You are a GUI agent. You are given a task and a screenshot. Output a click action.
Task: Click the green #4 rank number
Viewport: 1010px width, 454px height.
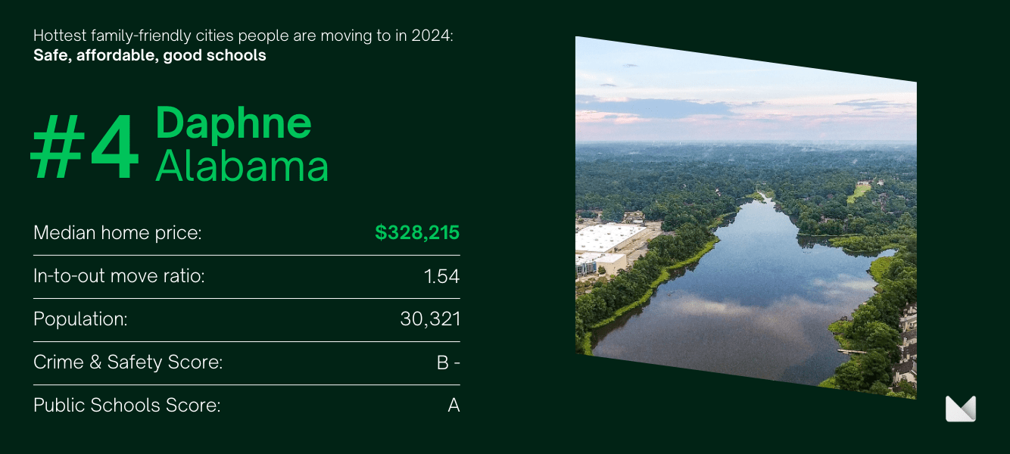pyautogui.click(x=84, y=147)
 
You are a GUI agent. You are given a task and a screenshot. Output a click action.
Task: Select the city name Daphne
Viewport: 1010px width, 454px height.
pyautogui.click(x=233, y=123)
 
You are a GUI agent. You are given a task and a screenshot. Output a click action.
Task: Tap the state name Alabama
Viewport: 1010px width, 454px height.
pyautogui.click(x=242, y=166)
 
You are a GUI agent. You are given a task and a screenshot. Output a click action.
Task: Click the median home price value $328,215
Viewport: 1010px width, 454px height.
pyautogui.click(x=417, y=232)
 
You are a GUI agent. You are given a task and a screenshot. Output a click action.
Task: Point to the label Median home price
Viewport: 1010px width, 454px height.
pyautogui.click(x=117, y=233)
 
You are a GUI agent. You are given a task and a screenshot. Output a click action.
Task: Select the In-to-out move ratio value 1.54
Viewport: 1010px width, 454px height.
pyautogui.click(x=441, y=276)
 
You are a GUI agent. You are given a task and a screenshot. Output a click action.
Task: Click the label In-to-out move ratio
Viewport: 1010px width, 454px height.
pyautogui.click(x=119, y=276)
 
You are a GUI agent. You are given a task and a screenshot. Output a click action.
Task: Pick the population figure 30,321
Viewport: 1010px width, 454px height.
pyautogui.click(x=430, y=319)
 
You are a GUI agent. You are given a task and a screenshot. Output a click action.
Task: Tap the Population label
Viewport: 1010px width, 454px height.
pyautogui.click(x=80, y=319)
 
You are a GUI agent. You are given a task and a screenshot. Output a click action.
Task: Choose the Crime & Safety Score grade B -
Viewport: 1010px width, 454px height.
pyautogui.click(x=448, y=362)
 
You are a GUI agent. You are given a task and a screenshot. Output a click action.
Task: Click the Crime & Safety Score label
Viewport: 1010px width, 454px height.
pyautogui.click(x=128, y=362)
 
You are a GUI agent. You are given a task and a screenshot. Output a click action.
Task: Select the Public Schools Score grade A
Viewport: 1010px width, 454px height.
pyautogui.click(x=454, y=406)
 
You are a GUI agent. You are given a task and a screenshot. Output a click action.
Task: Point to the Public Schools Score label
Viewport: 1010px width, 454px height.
pyautogui.click(x=127, y=406)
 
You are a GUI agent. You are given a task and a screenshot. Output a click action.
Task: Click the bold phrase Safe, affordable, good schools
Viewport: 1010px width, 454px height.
pyautogui.click(x=150, y=55)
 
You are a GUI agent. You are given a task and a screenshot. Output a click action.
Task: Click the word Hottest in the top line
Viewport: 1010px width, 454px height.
pyautogui.click(x=60, y=36)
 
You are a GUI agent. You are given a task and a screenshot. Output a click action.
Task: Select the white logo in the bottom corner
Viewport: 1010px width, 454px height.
pyautogui.click(x=960, y=409)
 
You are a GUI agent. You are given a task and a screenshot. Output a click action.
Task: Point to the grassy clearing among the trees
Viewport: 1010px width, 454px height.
pyautogui.click(x=858, y=193)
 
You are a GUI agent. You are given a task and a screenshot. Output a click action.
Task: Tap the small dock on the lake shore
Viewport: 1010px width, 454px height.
pyautogui.click(x=851, y=351)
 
